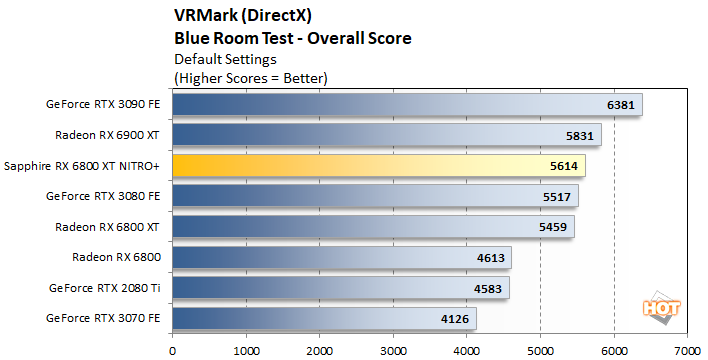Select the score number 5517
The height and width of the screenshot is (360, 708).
(x=557, y=197)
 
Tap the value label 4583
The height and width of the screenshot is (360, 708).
(x=488, y=289)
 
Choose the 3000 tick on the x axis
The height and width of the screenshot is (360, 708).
(x=393, y=350)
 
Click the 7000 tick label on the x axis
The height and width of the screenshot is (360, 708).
(x=686, y=350)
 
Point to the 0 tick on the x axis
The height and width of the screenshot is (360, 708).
(x=173, y=350)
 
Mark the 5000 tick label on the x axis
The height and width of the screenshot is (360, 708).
(x=540, y=350)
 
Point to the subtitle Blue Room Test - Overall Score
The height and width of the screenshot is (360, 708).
(x=293, y=39)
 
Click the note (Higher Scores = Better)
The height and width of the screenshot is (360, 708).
(x=251, y=77)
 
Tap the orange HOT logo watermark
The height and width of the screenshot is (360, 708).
(x=654, y=310)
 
